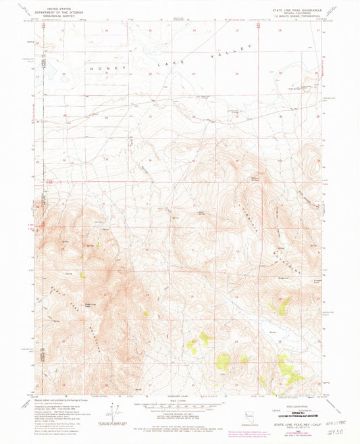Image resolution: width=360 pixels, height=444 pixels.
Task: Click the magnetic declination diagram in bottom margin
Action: point(111,409)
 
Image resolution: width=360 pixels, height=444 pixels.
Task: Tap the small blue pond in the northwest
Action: point(62,78)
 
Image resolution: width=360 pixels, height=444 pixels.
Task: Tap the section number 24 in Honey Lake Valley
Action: point(237,73)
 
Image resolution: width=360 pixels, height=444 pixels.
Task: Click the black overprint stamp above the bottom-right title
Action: point(290,412)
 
